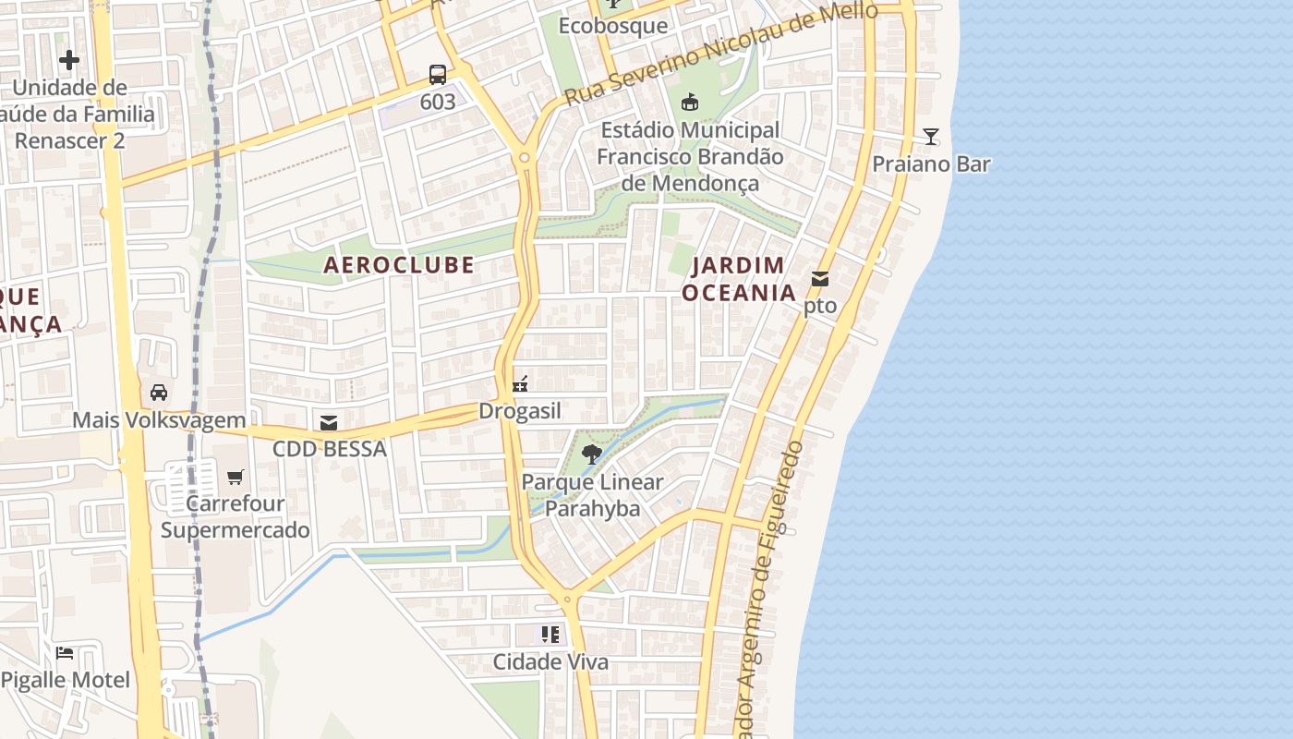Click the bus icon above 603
point(438,75)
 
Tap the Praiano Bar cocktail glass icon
point(931,137)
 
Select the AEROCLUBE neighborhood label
point(399,265)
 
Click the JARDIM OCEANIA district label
point(739,279)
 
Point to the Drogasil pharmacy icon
point(520,384)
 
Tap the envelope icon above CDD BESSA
point(329,423)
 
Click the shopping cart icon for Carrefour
point(236,477)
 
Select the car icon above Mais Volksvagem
point(159,393)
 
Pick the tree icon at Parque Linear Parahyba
point(592,454)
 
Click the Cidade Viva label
point(550,662)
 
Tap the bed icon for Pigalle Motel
point(65,653)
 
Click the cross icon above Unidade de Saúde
point(69,61)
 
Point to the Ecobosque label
point(613,26)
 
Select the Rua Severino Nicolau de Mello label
point(720,54)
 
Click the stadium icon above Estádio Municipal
point(689,102)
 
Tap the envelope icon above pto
point(820,279)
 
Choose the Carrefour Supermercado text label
point(236,517)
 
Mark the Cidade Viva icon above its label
point(550,634)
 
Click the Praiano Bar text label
point(931,164)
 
